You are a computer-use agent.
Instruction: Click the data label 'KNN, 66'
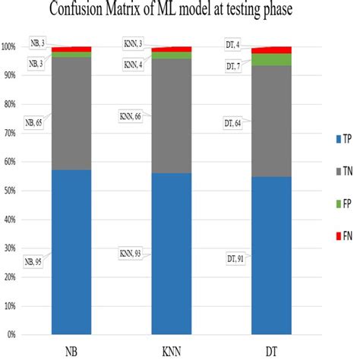132,118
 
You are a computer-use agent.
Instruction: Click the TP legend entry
330,140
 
